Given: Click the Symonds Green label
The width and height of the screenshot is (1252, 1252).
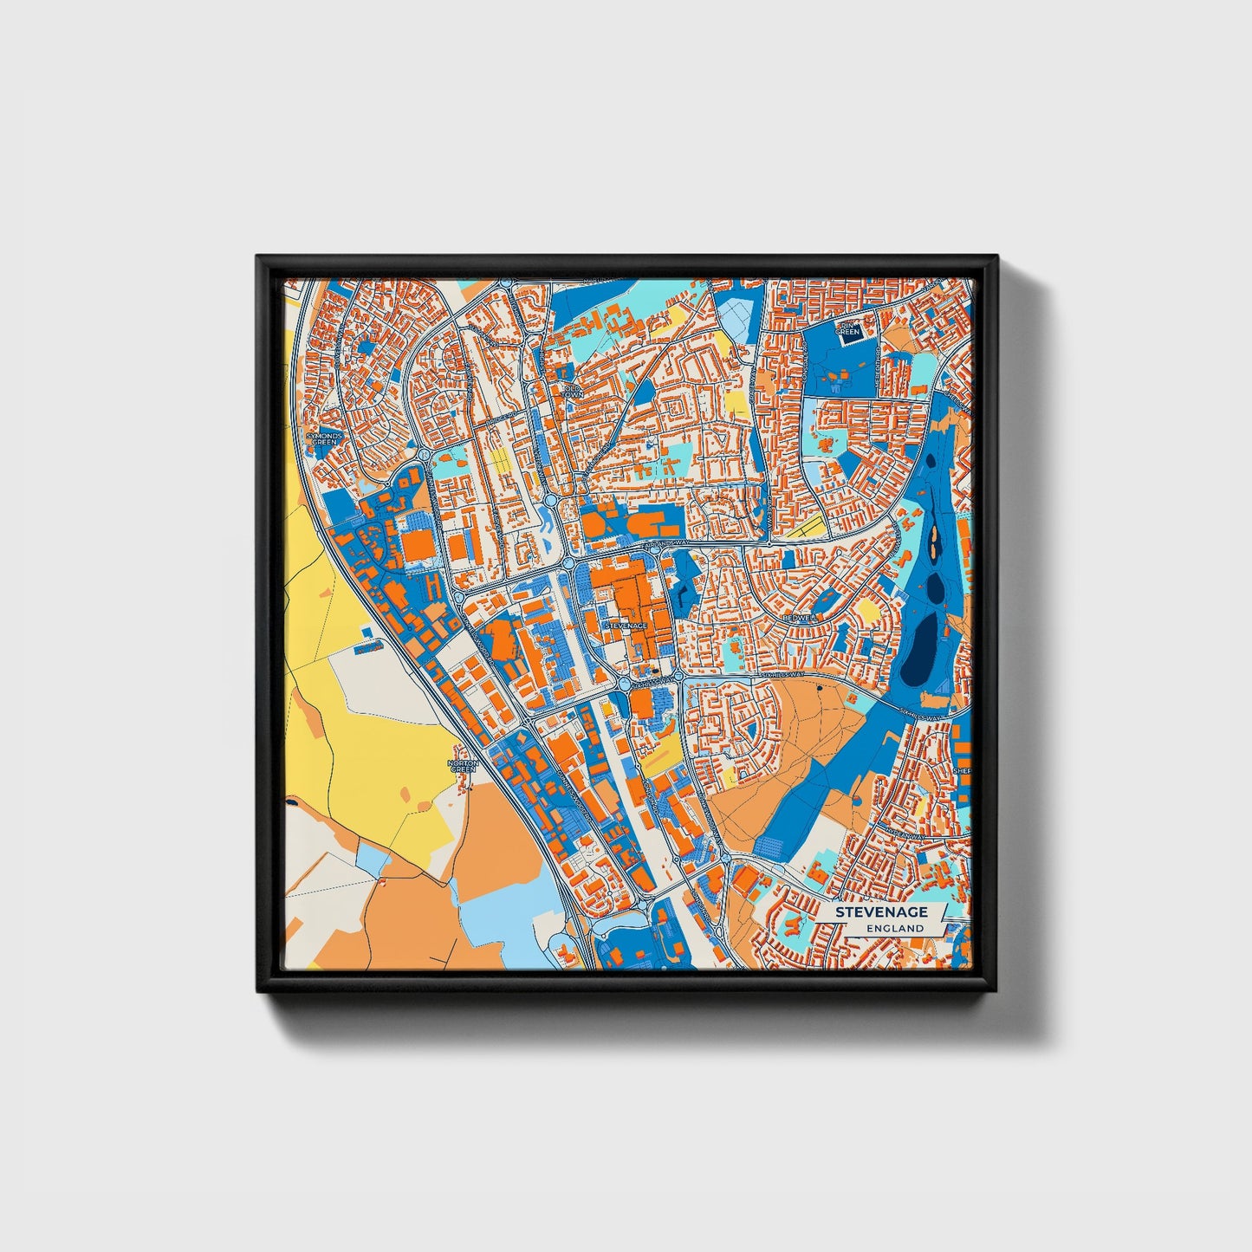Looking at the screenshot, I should pos(324,438).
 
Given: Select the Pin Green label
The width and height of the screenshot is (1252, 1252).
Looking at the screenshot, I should pos(847,329).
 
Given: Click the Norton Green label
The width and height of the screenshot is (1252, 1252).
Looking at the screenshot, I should pos(463,766).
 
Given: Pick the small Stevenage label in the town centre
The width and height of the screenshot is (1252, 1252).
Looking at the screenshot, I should pos(626,625).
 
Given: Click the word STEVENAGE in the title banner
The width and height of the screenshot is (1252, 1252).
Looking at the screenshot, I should pos(881,911).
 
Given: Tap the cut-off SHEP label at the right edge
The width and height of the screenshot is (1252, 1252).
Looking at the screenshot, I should pos(962,770).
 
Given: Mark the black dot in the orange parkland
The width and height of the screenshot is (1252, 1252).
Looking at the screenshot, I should pos(819,688).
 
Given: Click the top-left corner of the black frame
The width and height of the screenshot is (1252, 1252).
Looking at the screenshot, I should pos(258,257).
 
